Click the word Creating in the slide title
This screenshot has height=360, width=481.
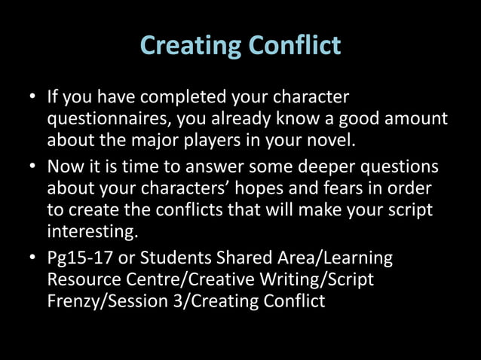pyautogui.click(x=187, y=46)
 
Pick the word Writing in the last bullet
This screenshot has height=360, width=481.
pyautogui.click(x=295, y=279)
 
